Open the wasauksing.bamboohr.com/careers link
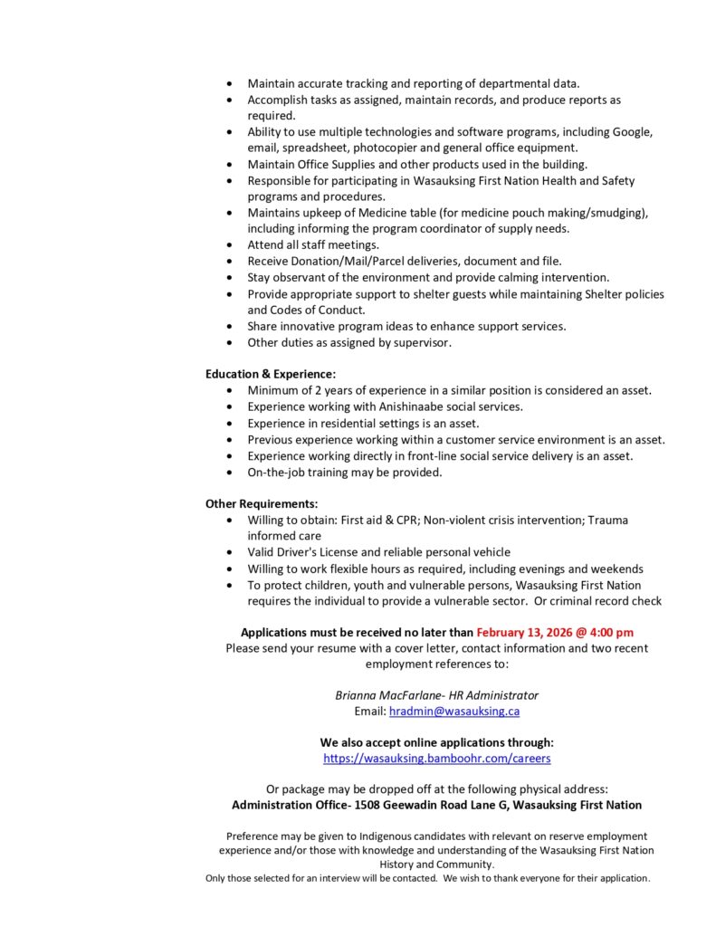pos(436,758)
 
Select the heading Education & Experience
pos(271,373)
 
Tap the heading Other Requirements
pos(262,503)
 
